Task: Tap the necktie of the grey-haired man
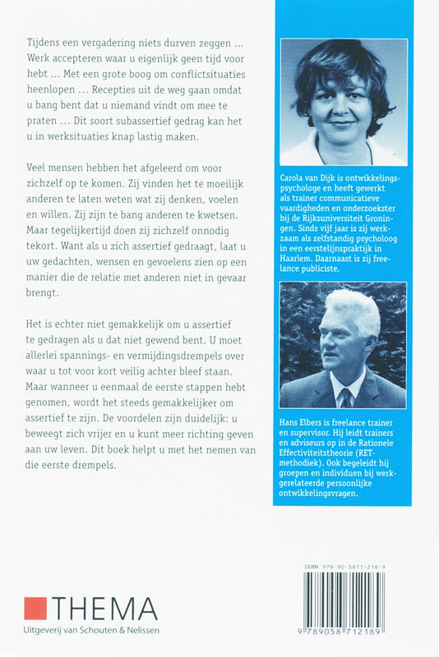point(349,397)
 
